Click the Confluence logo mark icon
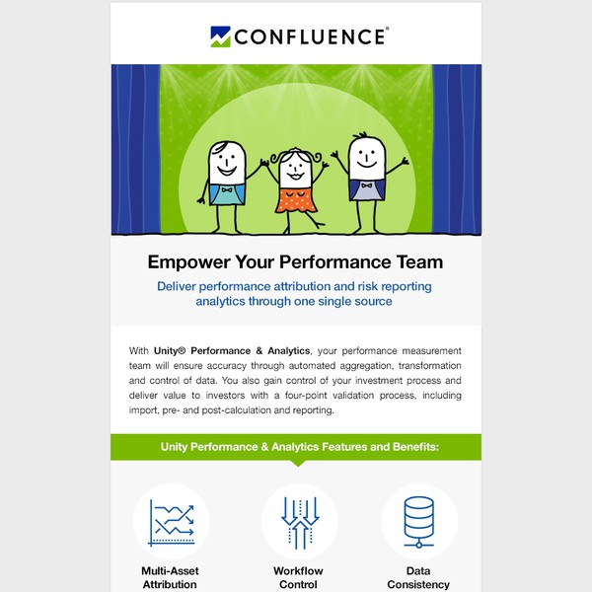click(x=220, y=37)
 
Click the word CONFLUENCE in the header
click(x=310, y=37)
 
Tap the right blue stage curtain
click(x=456, y=148)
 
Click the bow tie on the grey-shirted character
click(x=366, y=185)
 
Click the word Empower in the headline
click(x=189, y=262)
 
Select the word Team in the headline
click(x=417, y=262)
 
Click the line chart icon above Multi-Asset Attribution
click(x=171, y=522)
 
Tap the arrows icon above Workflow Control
click(x=298, y=522)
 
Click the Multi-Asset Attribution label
click(x=170, y=577)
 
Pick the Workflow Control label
click(x=298, y=577)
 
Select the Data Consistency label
click(x=419, y=577)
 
